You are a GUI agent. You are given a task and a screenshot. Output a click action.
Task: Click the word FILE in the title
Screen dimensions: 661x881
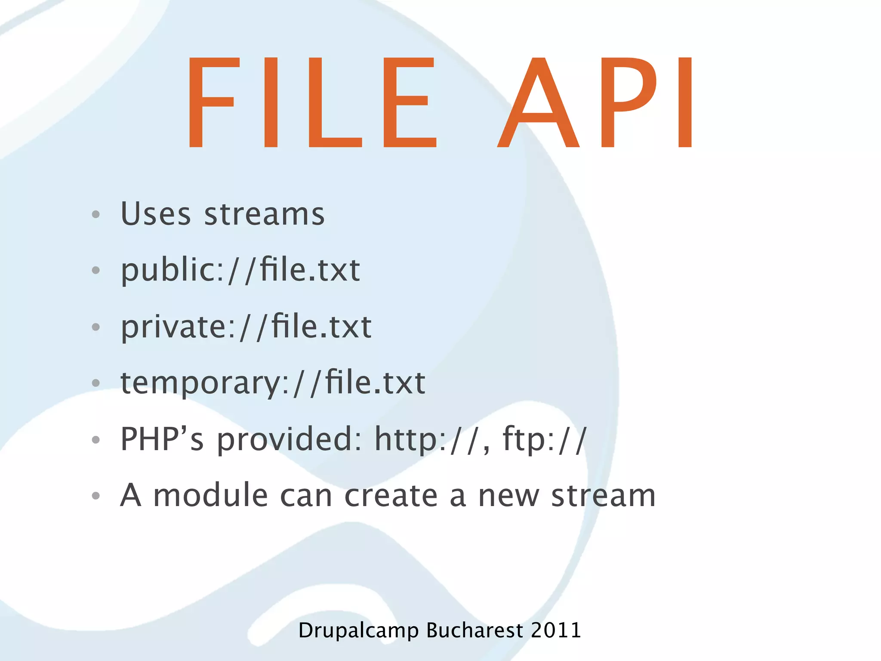click(312, 103)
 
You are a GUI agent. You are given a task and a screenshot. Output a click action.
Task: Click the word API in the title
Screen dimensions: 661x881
click(596, 103)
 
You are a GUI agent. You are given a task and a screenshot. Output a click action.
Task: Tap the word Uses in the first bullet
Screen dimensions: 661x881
click(155, 214)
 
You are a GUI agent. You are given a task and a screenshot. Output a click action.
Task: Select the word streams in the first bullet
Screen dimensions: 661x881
click(264, 214)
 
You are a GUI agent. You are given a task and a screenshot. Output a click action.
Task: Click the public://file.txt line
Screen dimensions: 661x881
click(240, 270)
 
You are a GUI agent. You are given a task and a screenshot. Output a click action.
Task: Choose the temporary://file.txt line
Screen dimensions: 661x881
click(273, 383)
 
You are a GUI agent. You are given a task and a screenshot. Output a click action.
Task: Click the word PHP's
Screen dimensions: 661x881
click(162, 439)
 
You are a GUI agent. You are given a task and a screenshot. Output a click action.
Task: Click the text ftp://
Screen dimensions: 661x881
click(544, 439)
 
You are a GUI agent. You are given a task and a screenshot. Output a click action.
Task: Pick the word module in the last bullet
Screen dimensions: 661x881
click(211, 495)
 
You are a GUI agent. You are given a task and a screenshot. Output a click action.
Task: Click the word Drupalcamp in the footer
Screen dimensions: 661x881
click(358, 631)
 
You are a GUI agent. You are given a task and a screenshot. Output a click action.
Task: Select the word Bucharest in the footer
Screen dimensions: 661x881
click(474, 630)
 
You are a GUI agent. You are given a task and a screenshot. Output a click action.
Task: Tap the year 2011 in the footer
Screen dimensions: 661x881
click(556, 630)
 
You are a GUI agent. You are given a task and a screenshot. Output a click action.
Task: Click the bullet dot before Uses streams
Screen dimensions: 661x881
click(96, 214)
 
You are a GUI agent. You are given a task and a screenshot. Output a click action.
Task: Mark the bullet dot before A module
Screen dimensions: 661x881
click(96, 496)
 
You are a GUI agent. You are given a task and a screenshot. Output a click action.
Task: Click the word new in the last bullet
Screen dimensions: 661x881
click(509, 496)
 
